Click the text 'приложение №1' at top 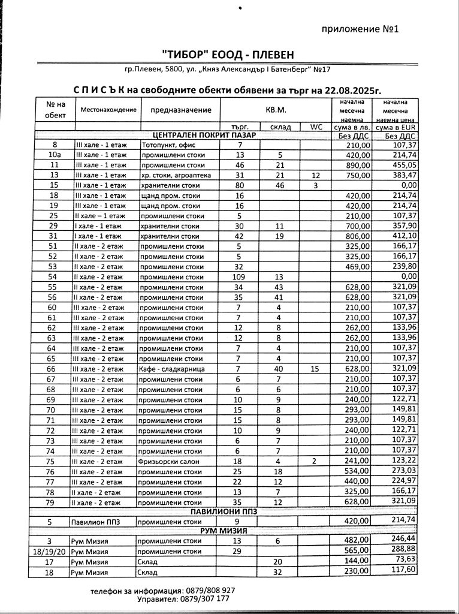pyautogui.click(x=360, y=29)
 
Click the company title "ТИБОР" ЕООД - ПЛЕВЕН pyautogui.click(x=230, y=55)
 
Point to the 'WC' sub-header pyautogui.click(x=316, y=127)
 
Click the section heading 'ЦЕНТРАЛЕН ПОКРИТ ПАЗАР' pyautogui.click(x=204, y=136)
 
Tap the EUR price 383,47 pyautogui.click(x=403, y=174)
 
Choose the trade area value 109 pyautogui.click(x=240, y=276)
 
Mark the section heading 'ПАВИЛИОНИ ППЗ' pyautogui.click(x=224, y=511)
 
